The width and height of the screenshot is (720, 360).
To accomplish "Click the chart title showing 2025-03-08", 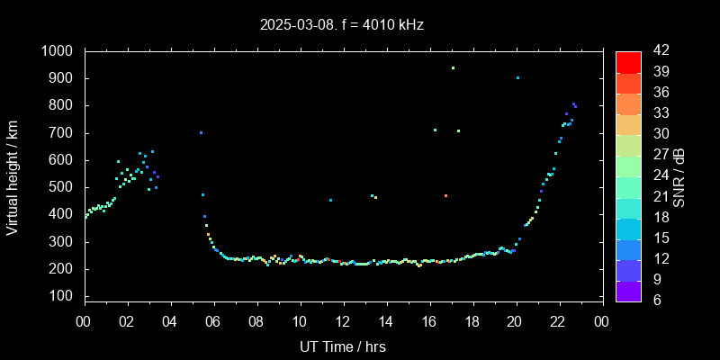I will pos(341,25).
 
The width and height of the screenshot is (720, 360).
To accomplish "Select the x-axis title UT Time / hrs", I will pos(342,346).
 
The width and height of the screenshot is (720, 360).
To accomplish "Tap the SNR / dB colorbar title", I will pos(679,175).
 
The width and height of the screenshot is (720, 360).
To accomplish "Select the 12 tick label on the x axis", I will pos(343,322).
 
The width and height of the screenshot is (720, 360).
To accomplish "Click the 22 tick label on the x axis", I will pos(559,322).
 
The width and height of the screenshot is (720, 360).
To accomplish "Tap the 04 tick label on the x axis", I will pos(170,322).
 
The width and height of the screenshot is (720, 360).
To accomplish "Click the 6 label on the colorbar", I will pos(654,300).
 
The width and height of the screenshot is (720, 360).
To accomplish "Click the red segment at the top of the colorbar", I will pos(628,61).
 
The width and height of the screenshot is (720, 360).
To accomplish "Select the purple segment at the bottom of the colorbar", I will pos(628,290).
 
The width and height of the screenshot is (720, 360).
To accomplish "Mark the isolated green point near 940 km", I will pos(453,67).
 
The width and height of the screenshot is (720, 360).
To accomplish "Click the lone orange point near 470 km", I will pos(445,195).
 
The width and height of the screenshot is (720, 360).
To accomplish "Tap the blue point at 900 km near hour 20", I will pos(517,78).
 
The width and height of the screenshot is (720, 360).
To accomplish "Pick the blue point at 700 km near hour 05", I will pos(201,132).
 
